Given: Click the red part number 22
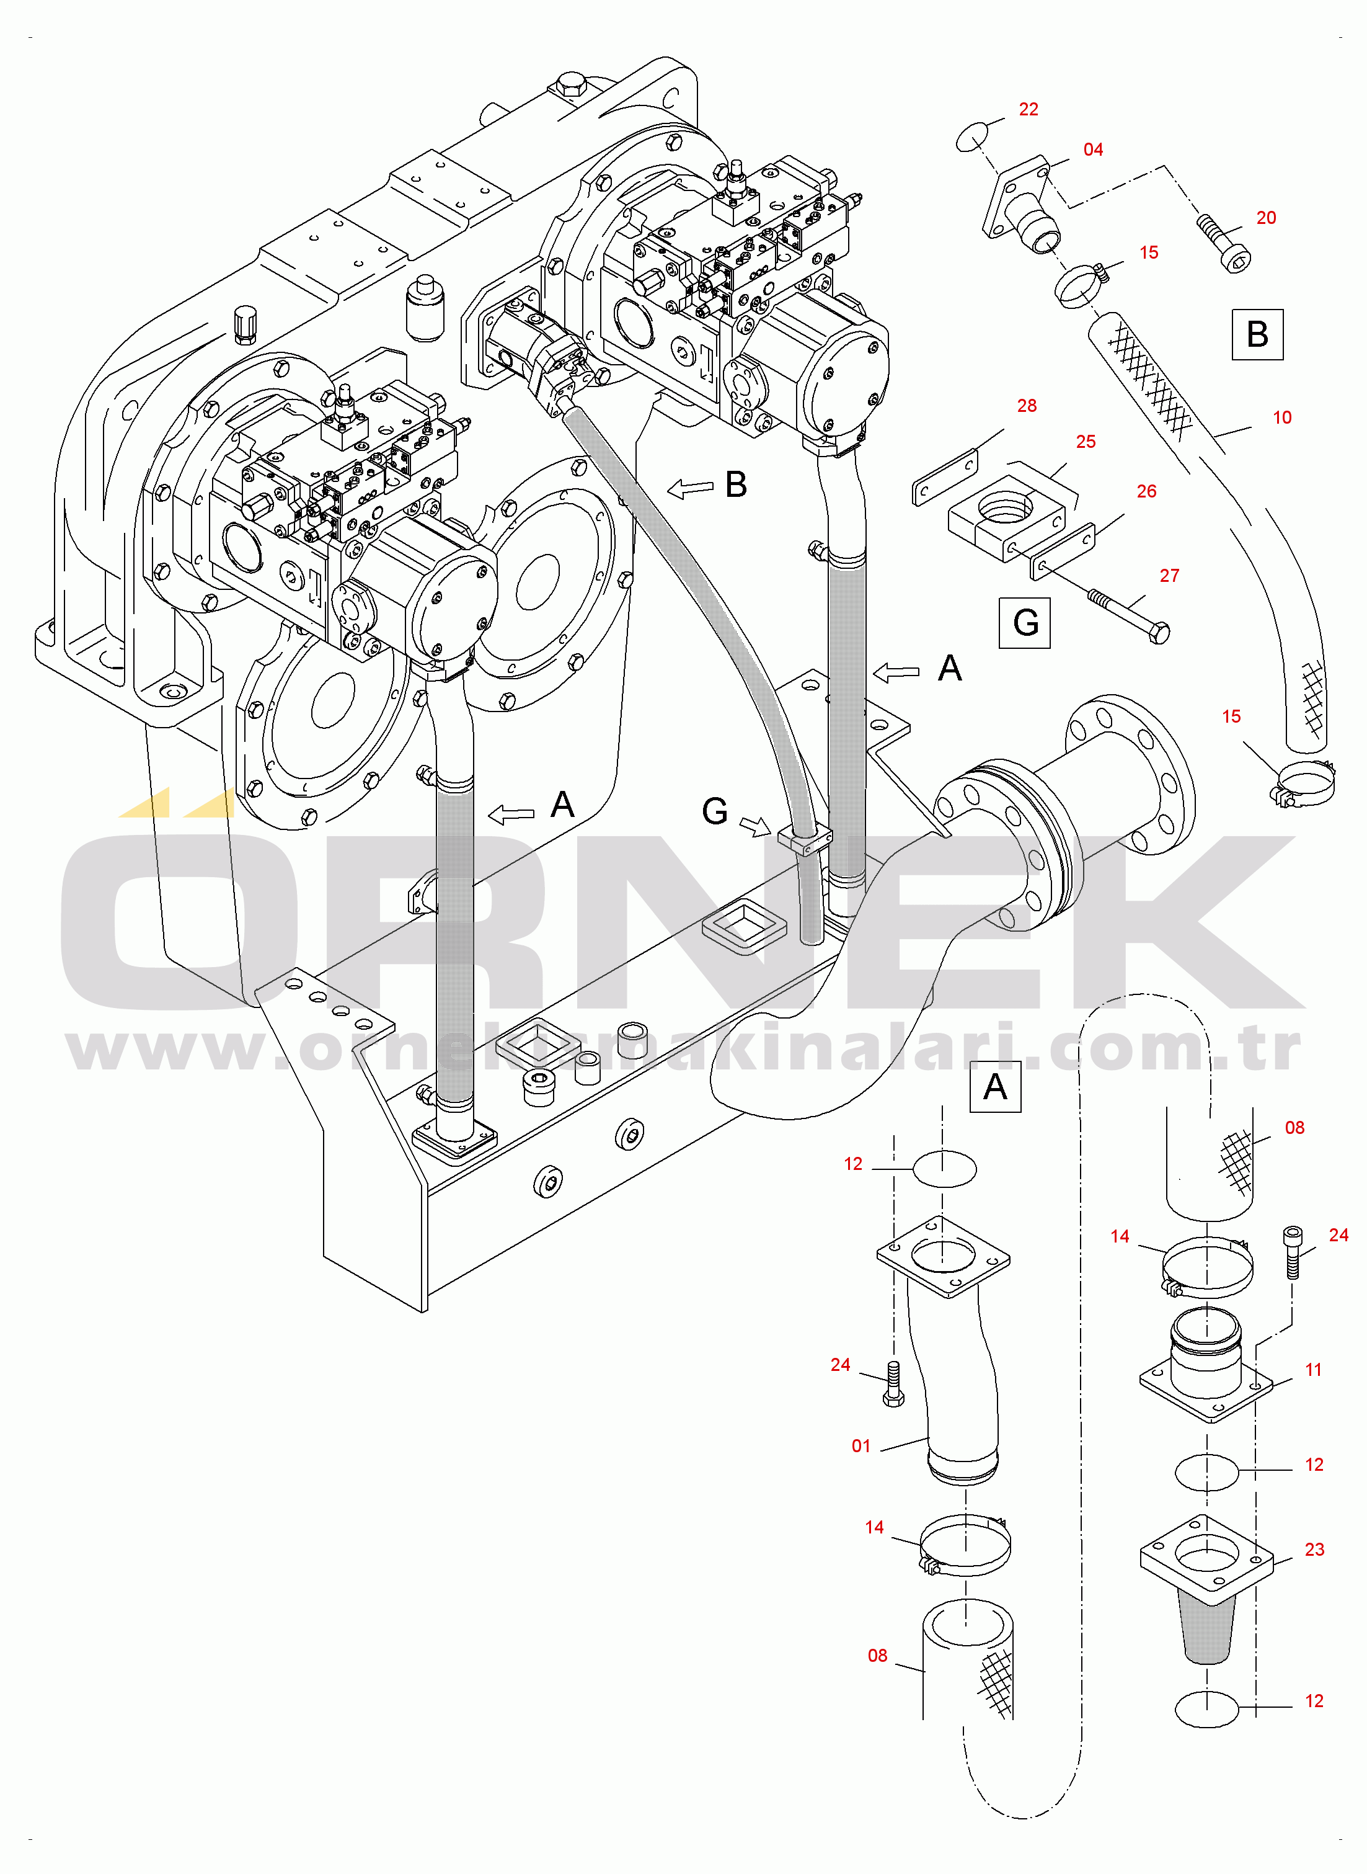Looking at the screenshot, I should point(1028,109).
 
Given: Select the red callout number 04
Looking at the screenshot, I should point(1093,150).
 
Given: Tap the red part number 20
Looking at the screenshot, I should point(1266,218).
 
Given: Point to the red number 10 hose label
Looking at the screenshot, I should point(1282,418).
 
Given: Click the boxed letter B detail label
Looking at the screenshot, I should point(1257,334).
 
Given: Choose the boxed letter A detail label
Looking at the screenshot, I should point(994,1087).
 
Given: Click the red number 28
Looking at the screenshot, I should point(1026,406).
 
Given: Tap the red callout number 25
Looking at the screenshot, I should point(1086,442).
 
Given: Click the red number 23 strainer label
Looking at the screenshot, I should point(1314,1550).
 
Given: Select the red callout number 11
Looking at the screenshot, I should point(1313,1370).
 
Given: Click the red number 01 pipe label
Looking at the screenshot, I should point(860,1446).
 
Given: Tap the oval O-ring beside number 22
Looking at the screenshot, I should point(972,136).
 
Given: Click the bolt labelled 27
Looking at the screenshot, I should point(1129,615).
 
